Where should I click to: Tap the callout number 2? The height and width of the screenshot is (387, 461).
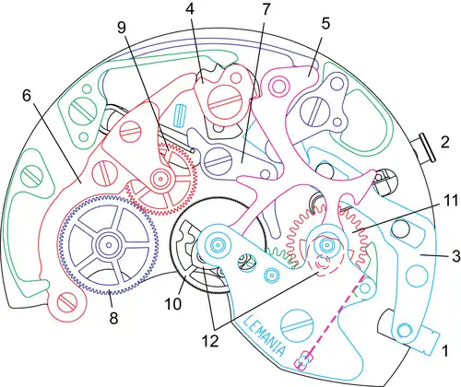pos(444,142)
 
